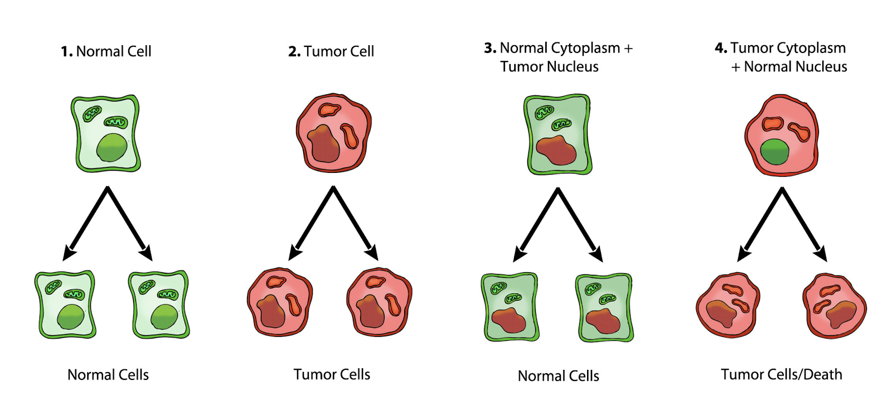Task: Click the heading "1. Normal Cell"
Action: pos(106,51)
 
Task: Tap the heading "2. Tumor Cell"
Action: pos(331,51)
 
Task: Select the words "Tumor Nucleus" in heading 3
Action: pos(549,67)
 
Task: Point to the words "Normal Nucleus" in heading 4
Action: pos(795,67)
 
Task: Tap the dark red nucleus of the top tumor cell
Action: pos(323,144)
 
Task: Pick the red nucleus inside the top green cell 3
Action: pos(556,150)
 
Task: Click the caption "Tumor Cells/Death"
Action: pos(781,374)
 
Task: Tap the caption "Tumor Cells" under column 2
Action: pos(332,374)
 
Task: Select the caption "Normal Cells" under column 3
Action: pos(558,376)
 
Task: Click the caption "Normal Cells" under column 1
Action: pos(108,375)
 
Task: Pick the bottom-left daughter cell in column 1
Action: pos(65,305)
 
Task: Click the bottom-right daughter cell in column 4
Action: pos(835,306)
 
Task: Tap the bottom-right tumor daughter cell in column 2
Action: pos(379,303)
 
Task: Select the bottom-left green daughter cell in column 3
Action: pos(510,307)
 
